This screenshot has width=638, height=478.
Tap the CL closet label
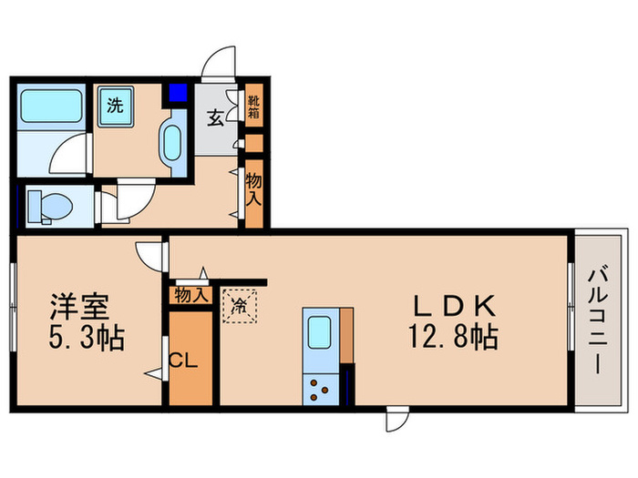185,361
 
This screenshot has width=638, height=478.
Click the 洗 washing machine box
116,105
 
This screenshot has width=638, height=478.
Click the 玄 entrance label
216,118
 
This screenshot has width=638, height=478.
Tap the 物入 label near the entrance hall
254,190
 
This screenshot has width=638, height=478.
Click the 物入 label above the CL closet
190,294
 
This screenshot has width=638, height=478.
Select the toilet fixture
46,206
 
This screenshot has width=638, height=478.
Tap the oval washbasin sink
173,142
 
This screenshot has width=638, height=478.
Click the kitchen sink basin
321,331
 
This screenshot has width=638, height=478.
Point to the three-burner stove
321,389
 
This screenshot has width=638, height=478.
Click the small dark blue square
176,93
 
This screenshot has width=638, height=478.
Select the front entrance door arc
220,64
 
